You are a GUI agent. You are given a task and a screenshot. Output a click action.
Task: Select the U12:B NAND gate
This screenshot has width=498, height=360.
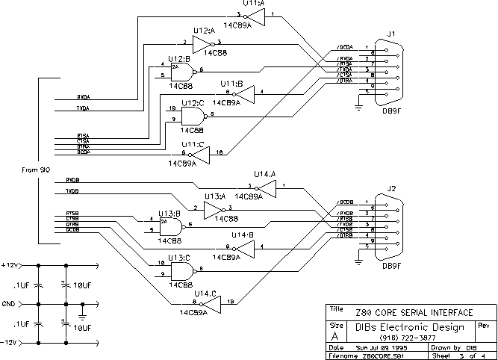pos(181,71)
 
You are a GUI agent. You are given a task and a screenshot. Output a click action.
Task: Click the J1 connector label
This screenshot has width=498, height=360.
pos(391,33)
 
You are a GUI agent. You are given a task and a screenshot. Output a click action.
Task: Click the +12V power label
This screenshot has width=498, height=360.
pos(10,265)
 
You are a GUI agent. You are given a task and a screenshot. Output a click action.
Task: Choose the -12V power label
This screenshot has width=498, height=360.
pos(10,343)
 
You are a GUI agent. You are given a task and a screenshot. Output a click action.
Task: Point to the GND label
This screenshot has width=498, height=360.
pos(8,304)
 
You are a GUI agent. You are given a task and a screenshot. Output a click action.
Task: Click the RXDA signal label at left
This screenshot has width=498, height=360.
pos(83,96)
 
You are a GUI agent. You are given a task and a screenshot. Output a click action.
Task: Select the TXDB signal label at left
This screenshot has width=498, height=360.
pos(72,192)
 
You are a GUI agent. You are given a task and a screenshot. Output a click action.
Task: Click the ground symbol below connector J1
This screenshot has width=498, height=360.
pos(358,110)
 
